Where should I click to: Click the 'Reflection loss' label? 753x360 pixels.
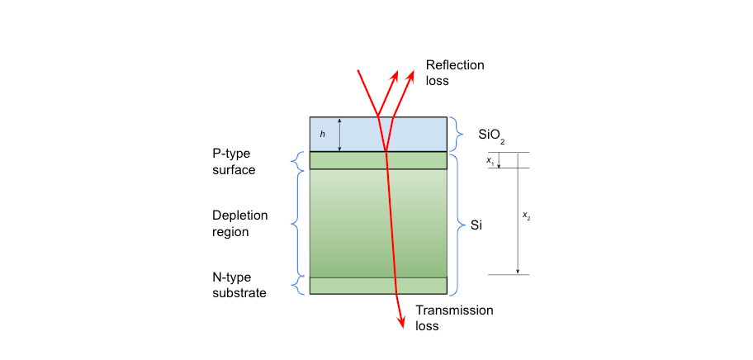tap(454, 73)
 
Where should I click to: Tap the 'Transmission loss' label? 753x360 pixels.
tap(454, 318)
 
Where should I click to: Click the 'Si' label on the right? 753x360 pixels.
tap(476, 224)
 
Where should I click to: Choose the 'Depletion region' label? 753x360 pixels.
tap(240, 223)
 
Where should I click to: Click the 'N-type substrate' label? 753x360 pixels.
tap(239, 285)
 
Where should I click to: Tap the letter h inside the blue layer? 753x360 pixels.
tap(322, 134)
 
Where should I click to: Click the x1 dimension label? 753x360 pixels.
tap(490, 160)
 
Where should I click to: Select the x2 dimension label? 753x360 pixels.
tap(527, 216)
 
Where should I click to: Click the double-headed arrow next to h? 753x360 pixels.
tap(340, 134)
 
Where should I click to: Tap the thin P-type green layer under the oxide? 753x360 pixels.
tap(347, 160)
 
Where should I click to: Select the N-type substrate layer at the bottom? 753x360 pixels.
tap(347, 286)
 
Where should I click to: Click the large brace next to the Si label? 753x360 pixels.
tap(459, 223)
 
